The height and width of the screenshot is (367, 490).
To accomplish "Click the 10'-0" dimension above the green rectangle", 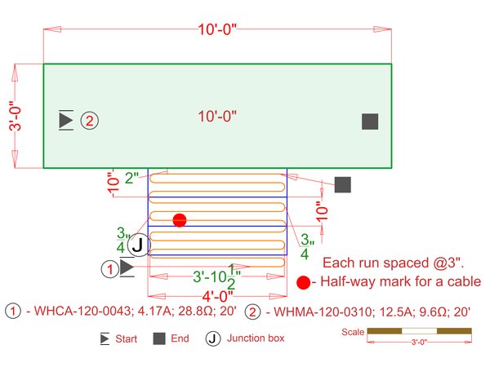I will point(217,30).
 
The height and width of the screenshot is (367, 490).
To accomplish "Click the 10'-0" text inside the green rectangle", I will point(217,116).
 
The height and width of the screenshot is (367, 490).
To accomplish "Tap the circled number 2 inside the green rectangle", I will point(91,121).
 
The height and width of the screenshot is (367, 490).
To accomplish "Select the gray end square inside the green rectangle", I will point(371,122).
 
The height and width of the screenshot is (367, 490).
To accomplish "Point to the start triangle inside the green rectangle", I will point(66,121).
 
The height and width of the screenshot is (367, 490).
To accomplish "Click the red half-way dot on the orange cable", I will point(180,219).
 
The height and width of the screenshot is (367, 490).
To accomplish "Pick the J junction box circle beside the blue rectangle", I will point(140,244).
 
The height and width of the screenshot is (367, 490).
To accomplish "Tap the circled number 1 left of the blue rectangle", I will point(109,268).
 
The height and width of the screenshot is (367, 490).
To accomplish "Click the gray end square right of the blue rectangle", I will point(343,185).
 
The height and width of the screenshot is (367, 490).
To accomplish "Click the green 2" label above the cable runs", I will point(133,177).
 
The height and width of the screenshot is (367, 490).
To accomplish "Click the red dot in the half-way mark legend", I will point(303,283).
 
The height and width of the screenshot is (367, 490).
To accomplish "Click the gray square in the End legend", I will point(158,338).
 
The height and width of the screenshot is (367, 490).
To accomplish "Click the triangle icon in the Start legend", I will point(105,338).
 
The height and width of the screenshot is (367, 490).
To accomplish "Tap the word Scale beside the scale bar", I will point(353,333).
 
